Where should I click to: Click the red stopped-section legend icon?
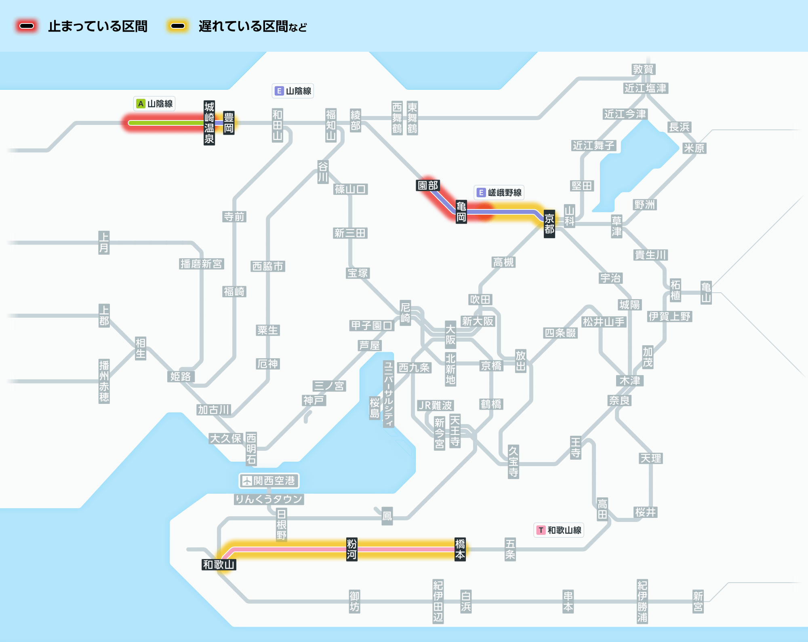[x=27, y=26]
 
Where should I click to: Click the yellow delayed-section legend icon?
[x=178, y=26]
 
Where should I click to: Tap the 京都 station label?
[x=549, y=224]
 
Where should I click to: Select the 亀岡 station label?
[x=461, y=212]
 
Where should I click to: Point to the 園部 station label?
[x=428, y=185]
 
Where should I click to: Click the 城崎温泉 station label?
[x=209, y=123]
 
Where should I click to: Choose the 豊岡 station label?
[x=229, y=123]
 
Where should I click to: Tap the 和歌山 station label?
[x=219, y=564]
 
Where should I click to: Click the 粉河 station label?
[x=351, y=549]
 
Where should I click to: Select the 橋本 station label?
[x=460, y=549]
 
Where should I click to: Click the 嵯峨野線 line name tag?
[x=499, y=192]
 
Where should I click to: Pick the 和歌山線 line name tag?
[x=559, y=530]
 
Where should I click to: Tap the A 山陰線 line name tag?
[x=155, y=104]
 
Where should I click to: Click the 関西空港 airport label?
[x=269, y=481]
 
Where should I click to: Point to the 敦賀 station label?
[x=643, y=69]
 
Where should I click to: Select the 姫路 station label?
[x=181, y=376]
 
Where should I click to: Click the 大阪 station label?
[x=450, y=334]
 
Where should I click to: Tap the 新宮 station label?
[x=698, y=601]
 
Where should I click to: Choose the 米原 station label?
[x=694, y=148]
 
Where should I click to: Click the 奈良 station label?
[x=619, y=400]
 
